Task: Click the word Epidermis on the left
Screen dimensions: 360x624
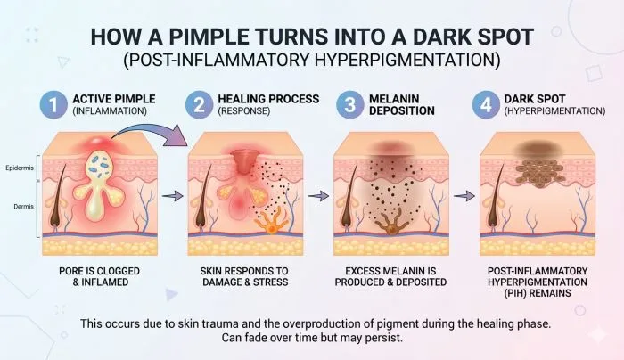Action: pos(20,166)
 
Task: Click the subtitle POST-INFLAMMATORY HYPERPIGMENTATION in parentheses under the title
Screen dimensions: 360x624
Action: pos(312,61)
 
